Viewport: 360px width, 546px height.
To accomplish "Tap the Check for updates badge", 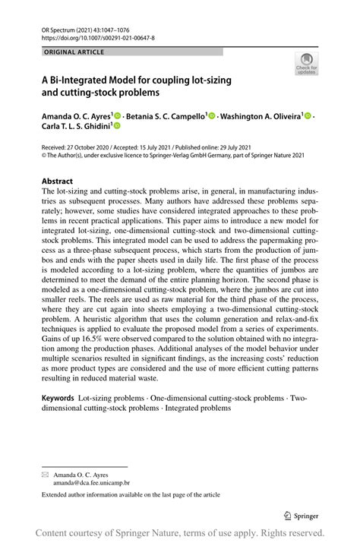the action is click(x=307, y=63).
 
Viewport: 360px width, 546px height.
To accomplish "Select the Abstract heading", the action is click(x=57, y=181).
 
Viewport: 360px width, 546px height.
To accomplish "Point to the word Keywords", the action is click(x=57, y=398).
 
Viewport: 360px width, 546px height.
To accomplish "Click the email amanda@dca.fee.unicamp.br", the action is click(x=91, y=482).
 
